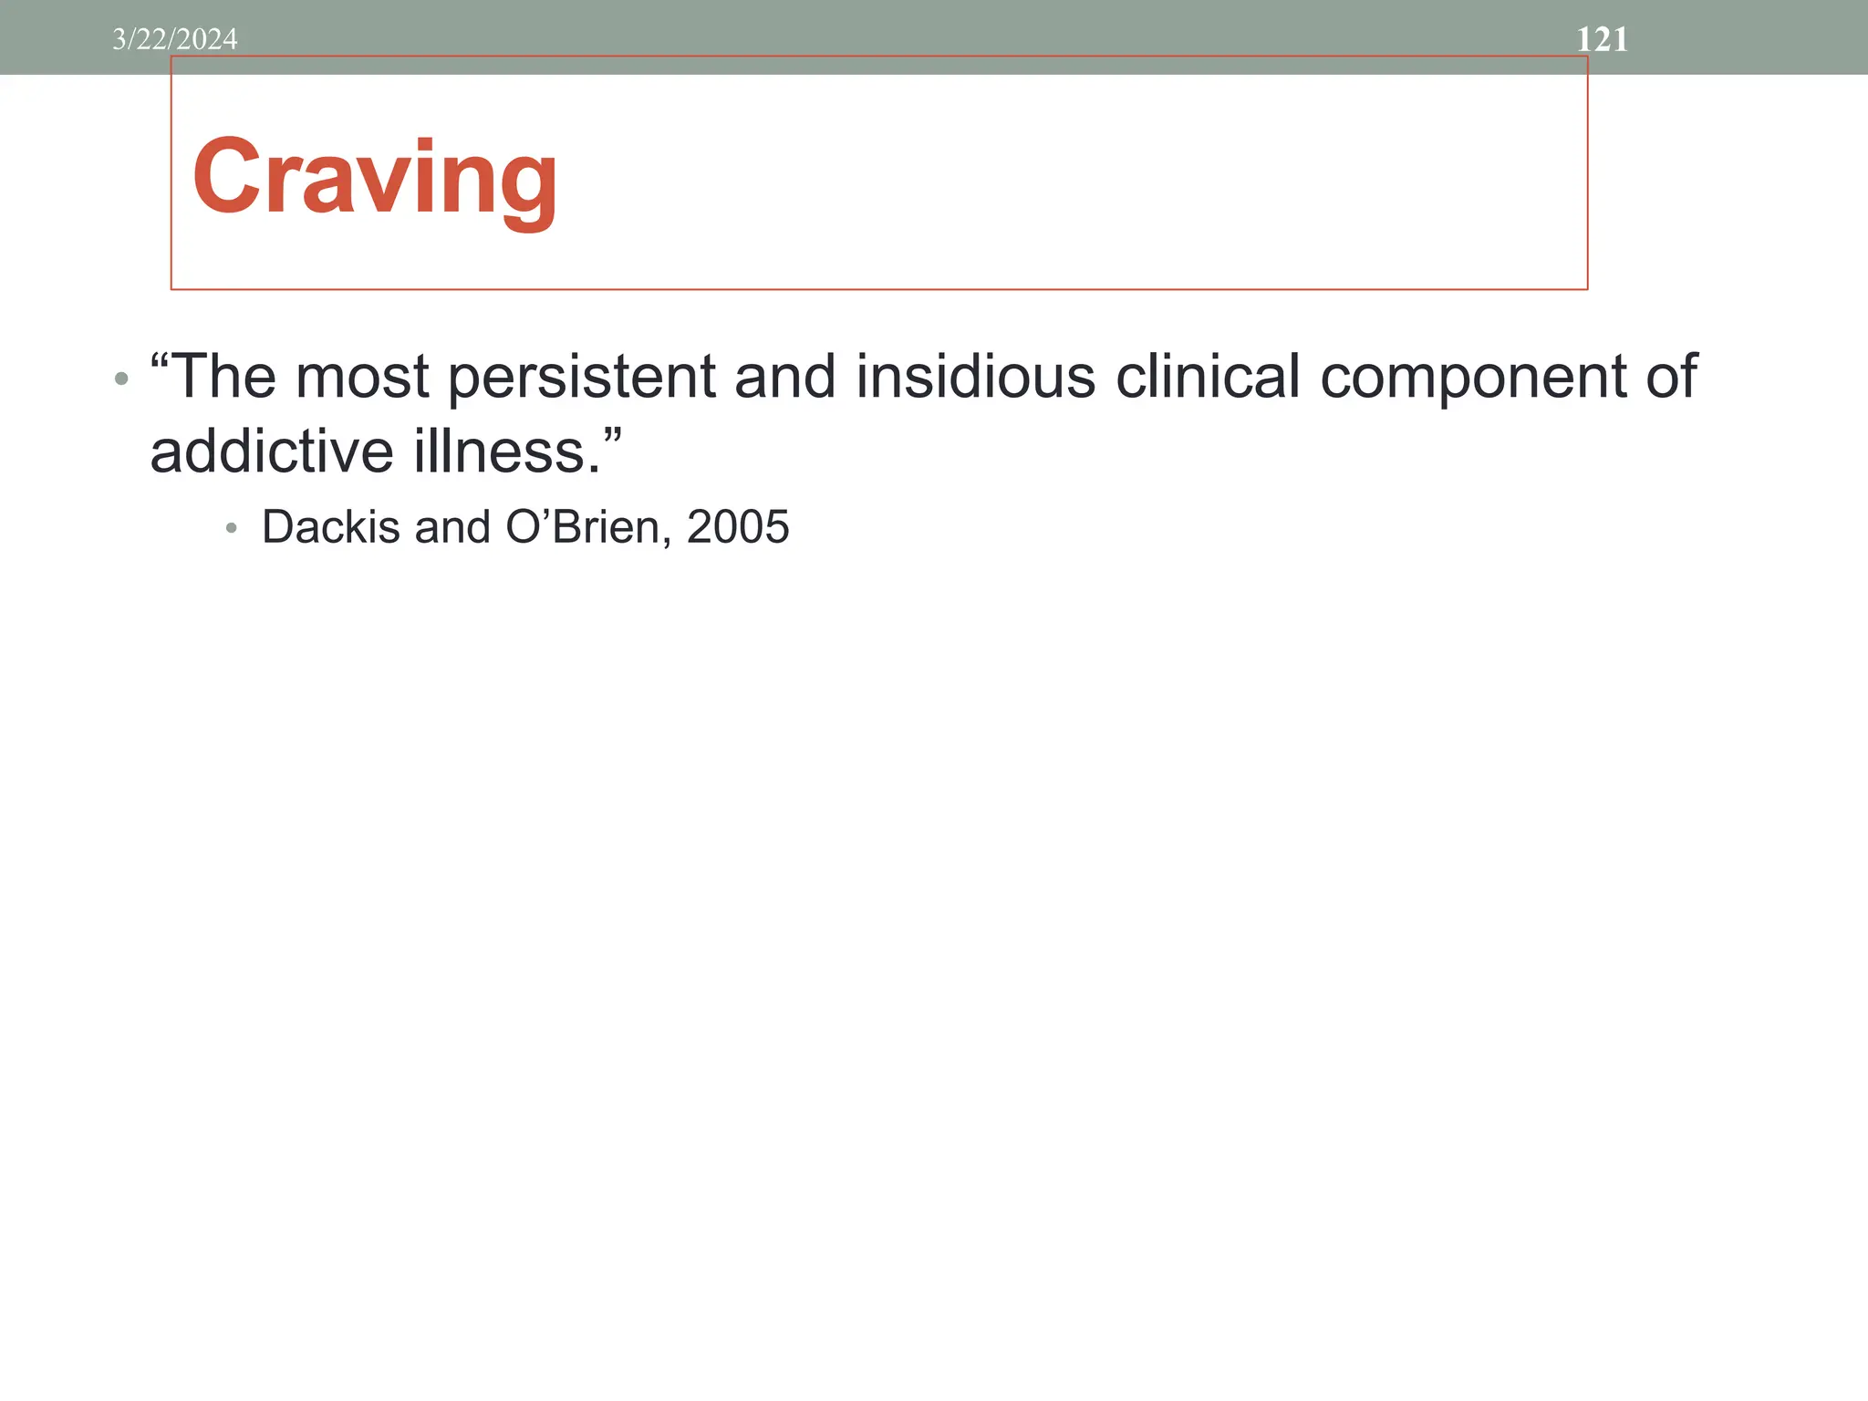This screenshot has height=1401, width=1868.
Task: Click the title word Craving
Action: tap(374, 177)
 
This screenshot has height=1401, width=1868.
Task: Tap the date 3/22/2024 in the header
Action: tap(174, 39)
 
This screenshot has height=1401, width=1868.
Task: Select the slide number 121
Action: tap(1602, 39)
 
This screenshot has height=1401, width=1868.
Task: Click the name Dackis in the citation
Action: tap(331, 527)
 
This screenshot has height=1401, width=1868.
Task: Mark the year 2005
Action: tap(737, 527)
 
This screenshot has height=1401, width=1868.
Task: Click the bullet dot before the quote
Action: tap(121, 379)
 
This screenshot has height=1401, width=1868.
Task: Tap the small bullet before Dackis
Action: tap(231, 528)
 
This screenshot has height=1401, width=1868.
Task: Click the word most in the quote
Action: tap(362, 378)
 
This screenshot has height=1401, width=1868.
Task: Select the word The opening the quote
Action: tap(221, 377)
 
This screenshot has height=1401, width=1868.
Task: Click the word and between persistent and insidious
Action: tap(784, 377)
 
